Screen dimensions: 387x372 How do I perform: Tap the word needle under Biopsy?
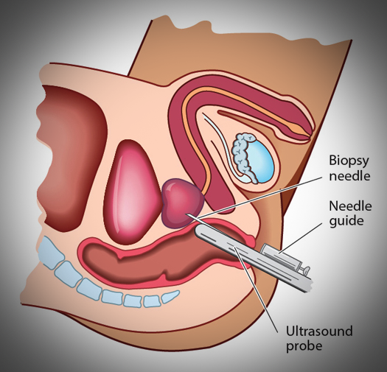[349, 176]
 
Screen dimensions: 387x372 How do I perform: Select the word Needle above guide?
[350, 206]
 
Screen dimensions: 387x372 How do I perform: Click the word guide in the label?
[346, 221]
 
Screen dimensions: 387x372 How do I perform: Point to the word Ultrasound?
[319, 331]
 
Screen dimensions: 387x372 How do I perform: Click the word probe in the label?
[304, 346]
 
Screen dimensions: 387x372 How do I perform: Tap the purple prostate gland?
[182, 203]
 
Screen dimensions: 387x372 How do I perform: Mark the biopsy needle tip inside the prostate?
[187, 214]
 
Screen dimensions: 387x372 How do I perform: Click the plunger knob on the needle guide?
[305, 269]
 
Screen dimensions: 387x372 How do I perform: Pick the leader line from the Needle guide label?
[301, 237]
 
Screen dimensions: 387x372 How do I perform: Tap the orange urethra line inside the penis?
[240, 119]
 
